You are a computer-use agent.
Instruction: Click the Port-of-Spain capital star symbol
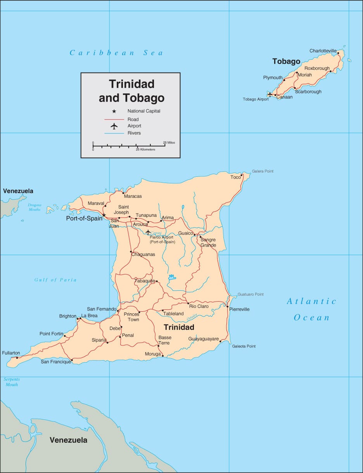point(104,215)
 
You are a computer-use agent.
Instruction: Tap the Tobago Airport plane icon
point(270,94)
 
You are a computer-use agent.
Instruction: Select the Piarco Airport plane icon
point(148,232)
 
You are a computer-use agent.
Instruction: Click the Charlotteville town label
point(323,51)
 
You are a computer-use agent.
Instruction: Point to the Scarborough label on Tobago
point(308,92)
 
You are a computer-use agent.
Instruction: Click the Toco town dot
point(242,175)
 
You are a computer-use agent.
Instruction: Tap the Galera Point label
point(263,171)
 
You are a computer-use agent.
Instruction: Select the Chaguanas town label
point(143,254)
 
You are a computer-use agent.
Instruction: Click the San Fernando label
point(101,309)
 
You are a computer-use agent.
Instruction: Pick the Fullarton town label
point(11,353)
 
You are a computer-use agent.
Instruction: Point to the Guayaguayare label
point(203,339)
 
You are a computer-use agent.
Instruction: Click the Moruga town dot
point(162,355)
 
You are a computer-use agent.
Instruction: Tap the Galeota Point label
point(244,346)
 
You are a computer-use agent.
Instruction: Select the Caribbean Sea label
point(116,53)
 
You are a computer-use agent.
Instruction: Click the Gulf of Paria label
point(55,280)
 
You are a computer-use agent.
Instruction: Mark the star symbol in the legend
point(114,111)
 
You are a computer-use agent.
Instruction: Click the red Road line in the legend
point(114,119)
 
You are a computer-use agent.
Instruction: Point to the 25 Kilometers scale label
point(145,149)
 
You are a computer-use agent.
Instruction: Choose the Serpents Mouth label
point(11,382)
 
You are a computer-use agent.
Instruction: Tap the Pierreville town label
point(239,309)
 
